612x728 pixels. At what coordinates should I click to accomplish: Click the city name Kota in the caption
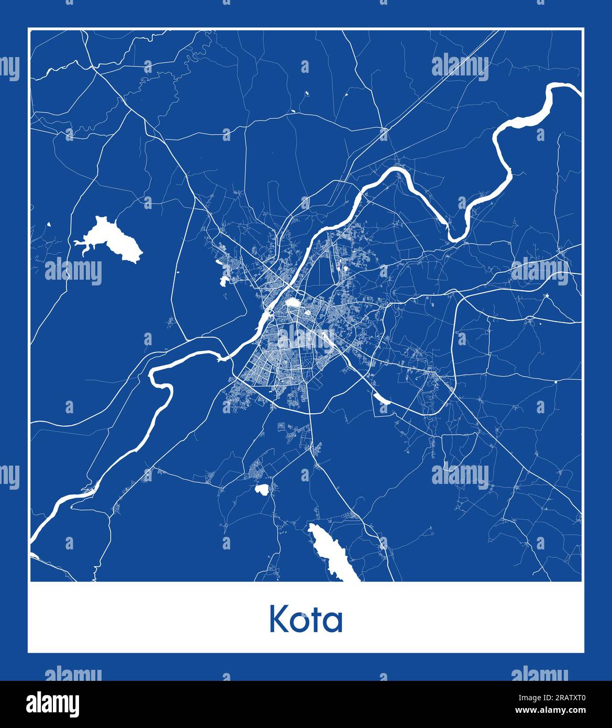tap(306, 620)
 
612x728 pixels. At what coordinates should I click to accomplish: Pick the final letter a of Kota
tap(334, 622)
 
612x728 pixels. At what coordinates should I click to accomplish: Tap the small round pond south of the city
tap(261, 489)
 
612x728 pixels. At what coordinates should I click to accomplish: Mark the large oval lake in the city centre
tap(292, 303)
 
